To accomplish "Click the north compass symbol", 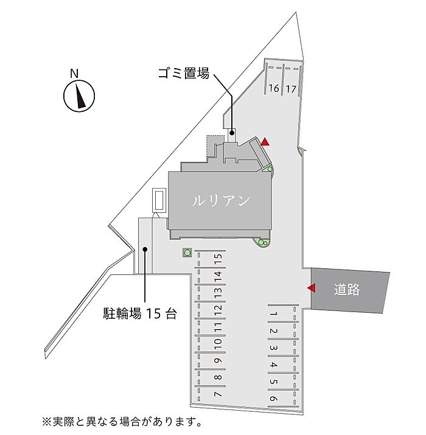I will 79,96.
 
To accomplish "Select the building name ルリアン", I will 221,201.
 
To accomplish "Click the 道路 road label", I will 347,290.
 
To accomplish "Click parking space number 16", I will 274,89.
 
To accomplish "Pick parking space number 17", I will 291,89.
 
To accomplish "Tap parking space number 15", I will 217,258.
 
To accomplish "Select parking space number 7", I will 217,394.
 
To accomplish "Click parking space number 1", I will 274,315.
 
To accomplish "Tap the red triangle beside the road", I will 311,288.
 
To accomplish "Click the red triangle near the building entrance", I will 265,142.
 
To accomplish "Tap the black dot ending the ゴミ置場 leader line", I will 232,131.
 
